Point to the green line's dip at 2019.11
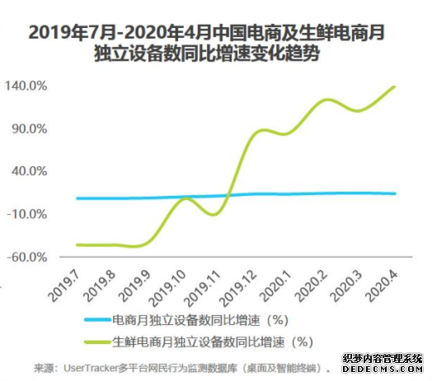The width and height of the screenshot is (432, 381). (213, 215)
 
